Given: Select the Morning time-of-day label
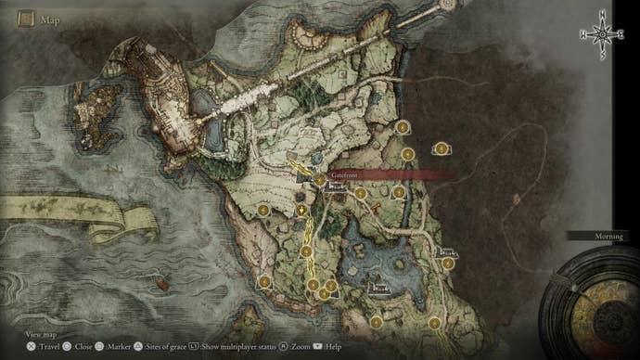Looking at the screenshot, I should click(x=608, y=237).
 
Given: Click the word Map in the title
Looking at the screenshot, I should click(x=51, y=18).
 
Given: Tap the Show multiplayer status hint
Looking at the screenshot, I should click(x=237, y=346).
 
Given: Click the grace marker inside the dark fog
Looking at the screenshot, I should click(x=442, y=148).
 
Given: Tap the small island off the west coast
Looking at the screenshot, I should click(x=96, y=101).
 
